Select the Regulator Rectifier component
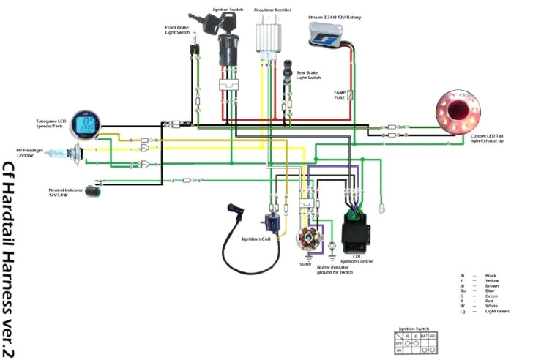270,35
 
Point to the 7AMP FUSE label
340,94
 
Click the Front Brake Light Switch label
177,30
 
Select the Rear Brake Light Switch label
308,75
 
